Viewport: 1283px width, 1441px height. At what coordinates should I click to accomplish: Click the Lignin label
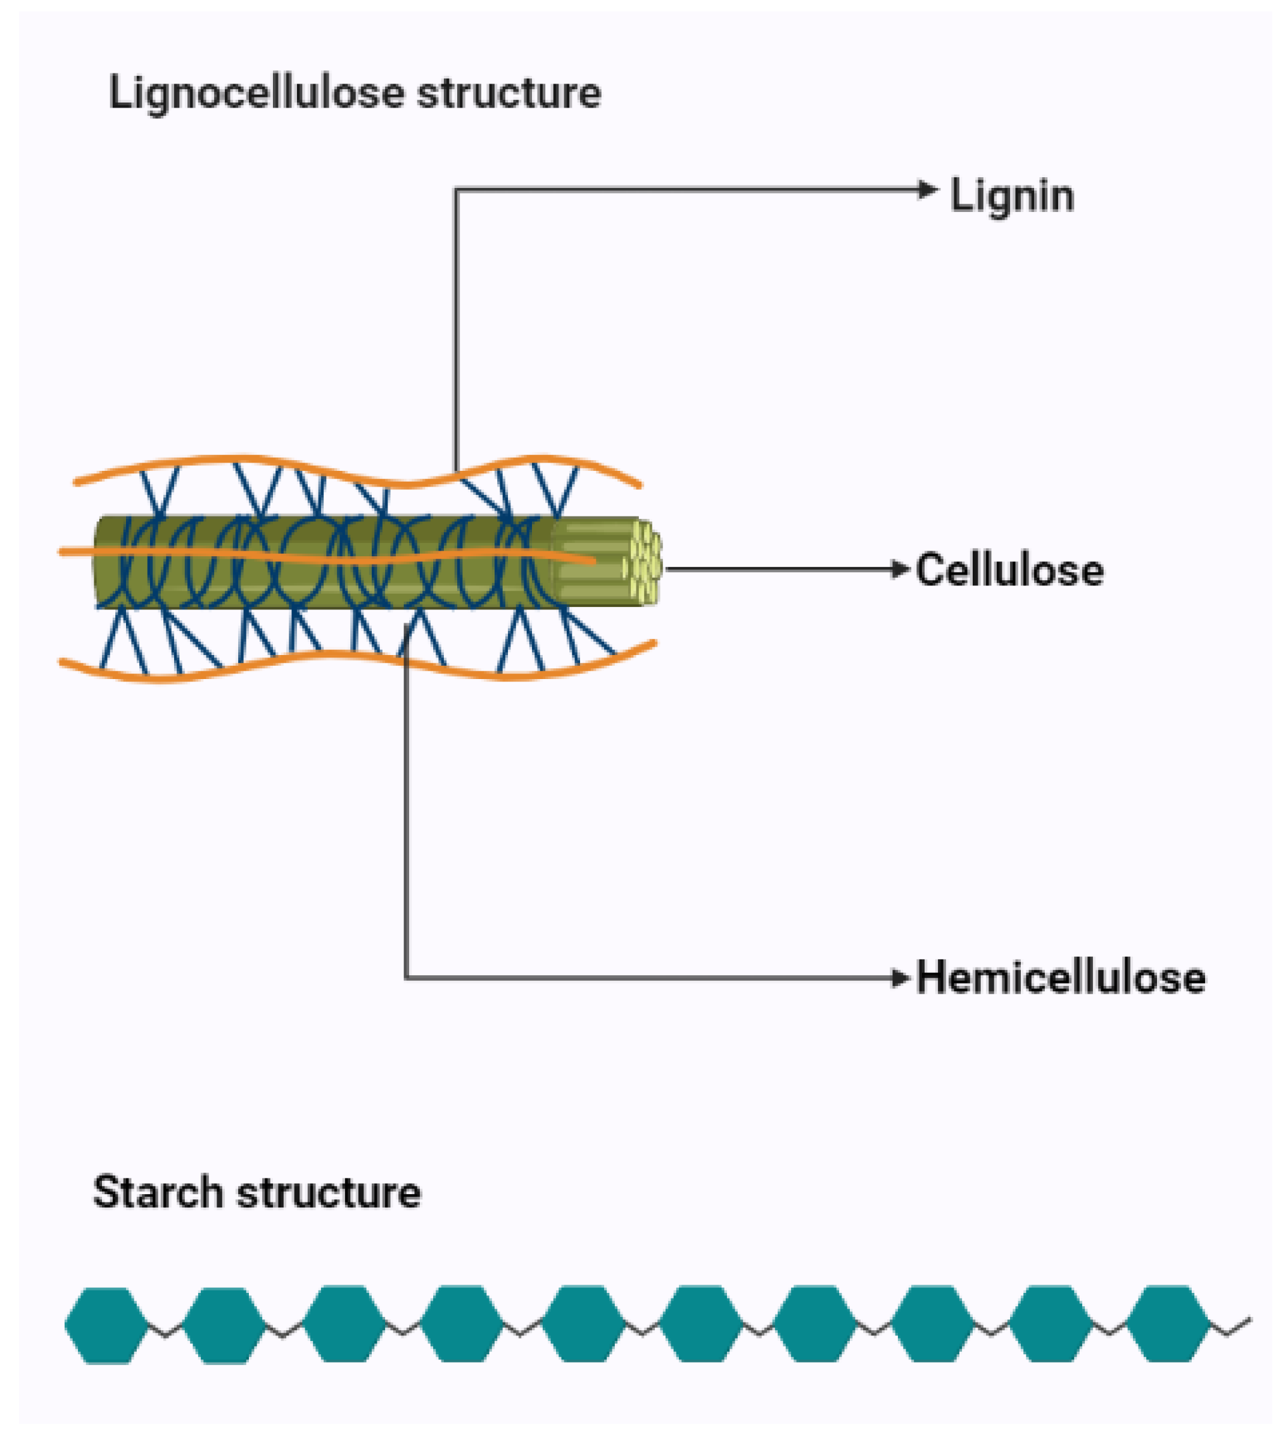point(1011,196)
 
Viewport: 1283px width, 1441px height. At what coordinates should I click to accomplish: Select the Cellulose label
point(1009,570)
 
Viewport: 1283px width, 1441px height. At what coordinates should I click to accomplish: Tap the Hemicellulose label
point(1060,978)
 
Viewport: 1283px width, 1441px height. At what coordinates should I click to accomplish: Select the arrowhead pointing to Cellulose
point(901,569)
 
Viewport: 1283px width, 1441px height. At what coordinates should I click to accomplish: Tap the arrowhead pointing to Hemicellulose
point(901,978)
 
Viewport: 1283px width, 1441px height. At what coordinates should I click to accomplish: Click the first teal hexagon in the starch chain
point(106,1325)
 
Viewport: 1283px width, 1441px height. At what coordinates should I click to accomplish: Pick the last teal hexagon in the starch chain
point(1167,1323)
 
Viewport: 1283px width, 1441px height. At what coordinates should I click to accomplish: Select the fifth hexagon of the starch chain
point(583,1323)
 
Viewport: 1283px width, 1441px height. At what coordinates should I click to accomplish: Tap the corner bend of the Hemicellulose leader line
point(407,978)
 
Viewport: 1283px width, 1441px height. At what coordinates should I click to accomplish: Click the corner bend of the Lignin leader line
point(456,190)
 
